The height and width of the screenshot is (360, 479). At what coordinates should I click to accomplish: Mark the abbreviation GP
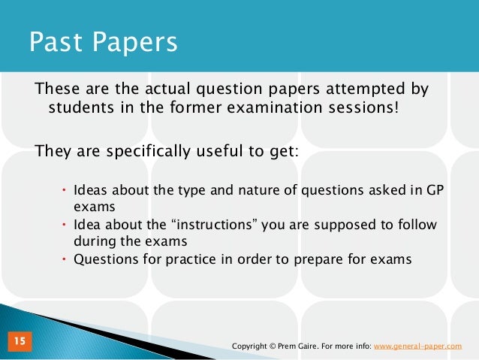tap(436, 188)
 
